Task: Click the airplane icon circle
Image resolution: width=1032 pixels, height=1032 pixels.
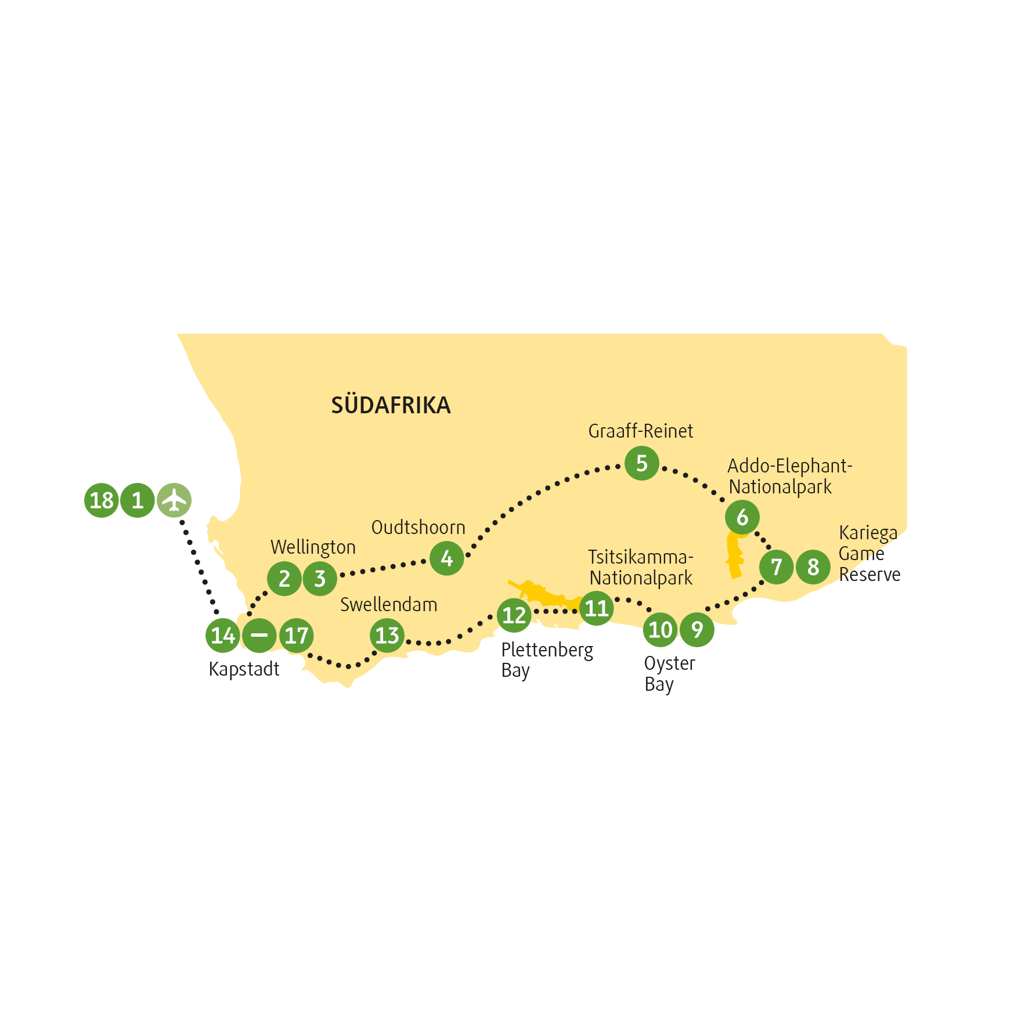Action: (174, 500)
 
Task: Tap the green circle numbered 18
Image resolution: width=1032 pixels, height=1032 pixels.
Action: (102, 500)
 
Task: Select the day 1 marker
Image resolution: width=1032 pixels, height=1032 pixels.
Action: (138, 500)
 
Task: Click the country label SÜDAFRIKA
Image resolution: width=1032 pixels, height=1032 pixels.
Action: (391, 405)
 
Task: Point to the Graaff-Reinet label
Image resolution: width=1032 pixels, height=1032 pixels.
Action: (640, 431)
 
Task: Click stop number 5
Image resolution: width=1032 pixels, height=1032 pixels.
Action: (641, 463)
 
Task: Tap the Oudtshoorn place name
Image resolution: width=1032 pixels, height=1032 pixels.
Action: (418, 528)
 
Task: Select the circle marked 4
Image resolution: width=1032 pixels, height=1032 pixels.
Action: (446, 558)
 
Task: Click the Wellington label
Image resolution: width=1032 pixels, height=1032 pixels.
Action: (313, 547)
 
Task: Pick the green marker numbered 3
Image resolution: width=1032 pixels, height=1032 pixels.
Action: (320, 579)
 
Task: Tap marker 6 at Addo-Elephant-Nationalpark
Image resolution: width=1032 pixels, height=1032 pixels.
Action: (742, 517)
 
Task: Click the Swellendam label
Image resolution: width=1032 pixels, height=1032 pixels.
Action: (388, 605)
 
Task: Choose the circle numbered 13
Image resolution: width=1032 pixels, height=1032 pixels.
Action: (387, 635)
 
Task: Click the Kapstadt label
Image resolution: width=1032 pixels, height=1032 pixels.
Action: (244, 669)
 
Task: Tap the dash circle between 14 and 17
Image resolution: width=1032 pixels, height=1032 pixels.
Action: (259, 635)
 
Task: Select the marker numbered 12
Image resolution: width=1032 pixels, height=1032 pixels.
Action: (514, 615)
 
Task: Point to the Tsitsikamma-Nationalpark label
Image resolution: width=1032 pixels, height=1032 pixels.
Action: (640, 568)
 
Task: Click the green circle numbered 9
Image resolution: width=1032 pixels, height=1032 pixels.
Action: (697, 629)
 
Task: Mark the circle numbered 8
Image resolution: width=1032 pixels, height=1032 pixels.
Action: (813, 566)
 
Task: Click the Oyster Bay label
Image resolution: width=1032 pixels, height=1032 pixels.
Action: (669, 674)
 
